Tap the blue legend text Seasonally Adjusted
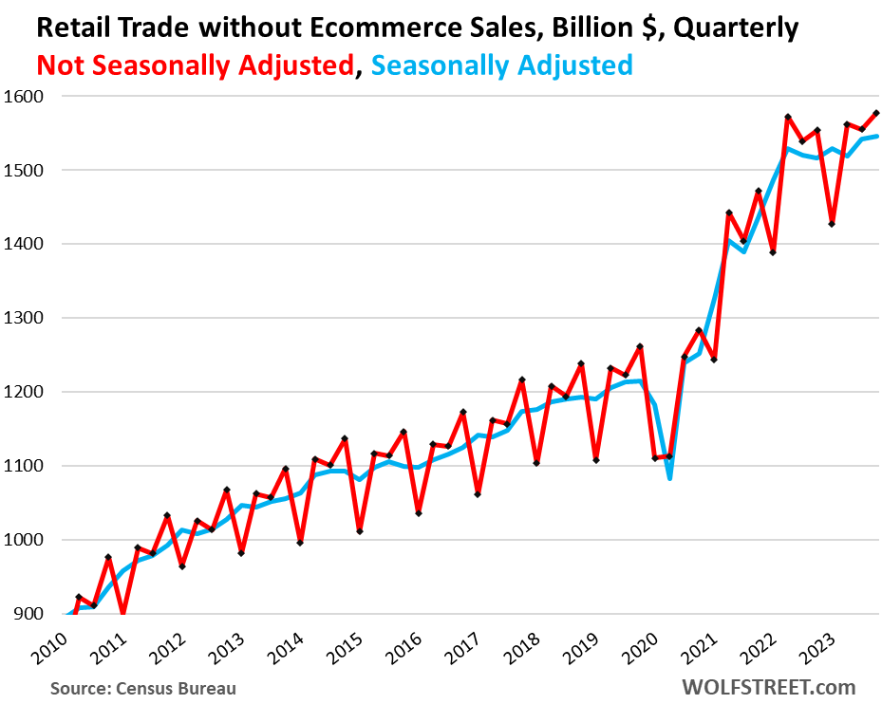coord(501,65)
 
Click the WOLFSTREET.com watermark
coord(766,687)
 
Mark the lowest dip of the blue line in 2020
coord(669,478)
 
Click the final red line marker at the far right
coord(875,113)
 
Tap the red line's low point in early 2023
coord(832,224)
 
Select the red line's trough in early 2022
coord(773,252)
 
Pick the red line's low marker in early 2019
coord(595,460)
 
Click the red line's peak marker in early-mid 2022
coord(788,117)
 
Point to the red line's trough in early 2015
coord(360,531)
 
